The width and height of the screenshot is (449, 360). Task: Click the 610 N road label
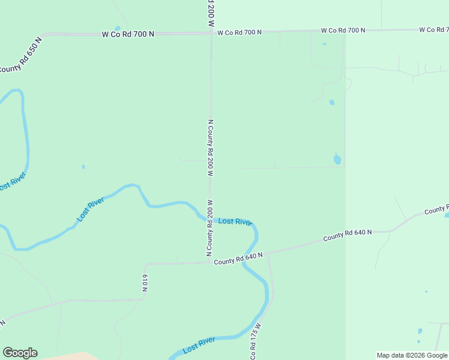coord(145,283)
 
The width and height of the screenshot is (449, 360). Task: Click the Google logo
coord(20,353)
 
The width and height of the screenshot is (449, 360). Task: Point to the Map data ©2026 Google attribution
coord(412,355)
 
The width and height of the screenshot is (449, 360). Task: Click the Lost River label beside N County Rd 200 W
coord(235,221)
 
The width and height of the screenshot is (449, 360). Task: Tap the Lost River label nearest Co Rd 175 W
coord(199,344)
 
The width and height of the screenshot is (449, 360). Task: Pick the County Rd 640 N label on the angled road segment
coord(348,236)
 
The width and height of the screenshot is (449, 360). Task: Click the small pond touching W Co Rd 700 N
coord(118,28)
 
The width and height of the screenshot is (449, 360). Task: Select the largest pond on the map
coord(337,159)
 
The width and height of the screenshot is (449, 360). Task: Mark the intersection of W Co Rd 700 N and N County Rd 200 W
coord(211,34)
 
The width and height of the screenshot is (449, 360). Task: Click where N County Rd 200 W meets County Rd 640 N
coord(211,262)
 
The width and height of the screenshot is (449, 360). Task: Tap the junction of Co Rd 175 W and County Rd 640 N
coord(268,254)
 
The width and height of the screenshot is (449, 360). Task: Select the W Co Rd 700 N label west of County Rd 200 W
coord(127,34)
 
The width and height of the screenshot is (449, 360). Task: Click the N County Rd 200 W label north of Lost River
coord(211,147)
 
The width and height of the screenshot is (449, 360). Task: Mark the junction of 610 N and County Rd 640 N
coord(146,263)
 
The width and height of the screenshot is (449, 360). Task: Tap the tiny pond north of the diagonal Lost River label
coord(83,166)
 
